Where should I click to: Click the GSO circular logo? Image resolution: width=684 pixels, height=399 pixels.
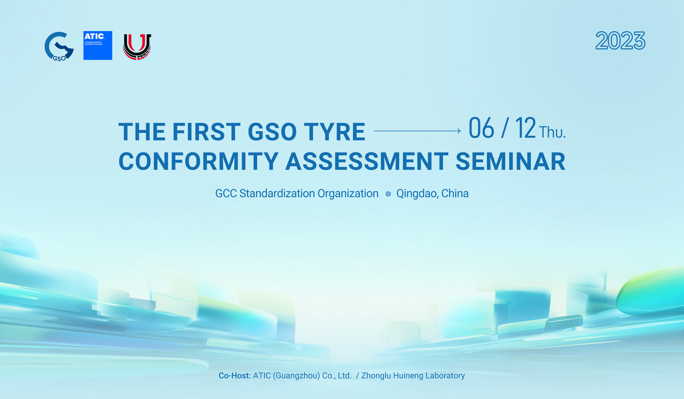[59, 46]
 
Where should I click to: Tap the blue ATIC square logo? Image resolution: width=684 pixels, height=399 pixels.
[98, 45]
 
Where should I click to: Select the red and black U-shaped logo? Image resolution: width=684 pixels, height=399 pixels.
[137, 46]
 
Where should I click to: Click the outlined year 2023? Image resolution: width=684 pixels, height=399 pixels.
[620, 41]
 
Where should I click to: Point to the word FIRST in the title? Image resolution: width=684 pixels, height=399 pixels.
[207, 132]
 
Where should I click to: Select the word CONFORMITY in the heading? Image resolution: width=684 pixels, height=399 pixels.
[198, 161]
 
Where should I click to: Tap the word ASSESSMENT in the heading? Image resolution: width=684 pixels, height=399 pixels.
[367, 161]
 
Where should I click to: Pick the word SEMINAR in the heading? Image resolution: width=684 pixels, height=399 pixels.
[510, 161]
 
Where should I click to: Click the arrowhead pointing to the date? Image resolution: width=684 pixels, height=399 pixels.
[459, 131]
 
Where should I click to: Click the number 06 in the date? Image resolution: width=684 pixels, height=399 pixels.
[481, 128]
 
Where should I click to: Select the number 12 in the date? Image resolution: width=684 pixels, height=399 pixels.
[525, 128]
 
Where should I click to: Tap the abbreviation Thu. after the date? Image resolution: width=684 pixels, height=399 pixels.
[552, 133]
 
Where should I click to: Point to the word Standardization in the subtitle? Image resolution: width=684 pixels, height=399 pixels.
[277, 193]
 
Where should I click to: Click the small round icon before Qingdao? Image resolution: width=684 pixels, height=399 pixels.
[388, 194]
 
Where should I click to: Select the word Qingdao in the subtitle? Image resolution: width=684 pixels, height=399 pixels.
[416, 193]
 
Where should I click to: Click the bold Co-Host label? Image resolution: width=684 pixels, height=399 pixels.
[234, 375]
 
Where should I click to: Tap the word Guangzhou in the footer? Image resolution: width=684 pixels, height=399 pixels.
[296, 375]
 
